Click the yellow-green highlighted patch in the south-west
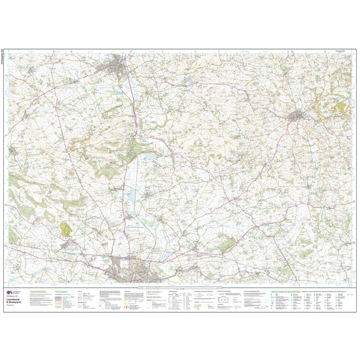[x=66, y=228]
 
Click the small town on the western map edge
[x=13, y=151]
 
